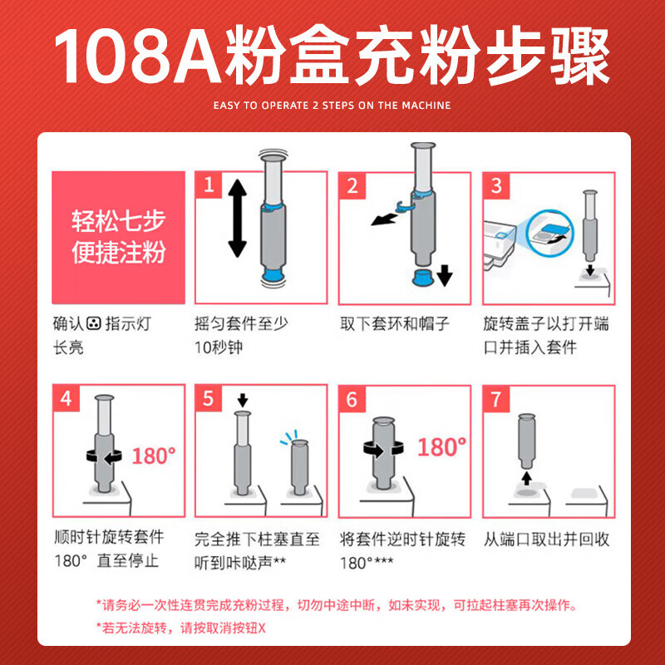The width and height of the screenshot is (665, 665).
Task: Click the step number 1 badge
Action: tap(209, 185)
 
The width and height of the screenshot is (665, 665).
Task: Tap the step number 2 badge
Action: tap(352, 185)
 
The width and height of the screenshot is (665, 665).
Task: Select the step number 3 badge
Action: tap(496, 185)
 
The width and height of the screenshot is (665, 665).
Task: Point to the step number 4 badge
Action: tap(66, 399)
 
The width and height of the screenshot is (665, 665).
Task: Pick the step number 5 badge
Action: tap(209, 399)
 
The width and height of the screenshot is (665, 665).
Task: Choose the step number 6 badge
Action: tap(352, 400)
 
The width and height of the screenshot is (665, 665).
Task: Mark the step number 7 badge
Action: tap(496, 400)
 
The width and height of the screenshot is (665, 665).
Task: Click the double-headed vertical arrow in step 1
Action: tap(237, 219)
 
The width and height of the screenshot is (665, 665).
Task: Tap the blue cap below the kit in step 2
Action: tap(422, 277)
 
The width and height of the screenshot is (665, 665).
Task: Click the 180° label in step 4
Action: tap(154, 456)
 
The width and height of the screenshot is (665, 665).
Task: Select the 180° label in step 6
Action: tap(441, 447)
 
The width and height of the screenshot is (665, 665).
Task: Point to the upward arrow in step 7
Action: tap(526, 477)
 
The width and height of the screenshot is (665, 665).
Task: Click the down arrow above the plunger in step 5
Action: tap(243, 400)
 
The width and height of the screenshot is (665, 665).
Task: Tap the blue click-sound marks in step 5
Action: tap(288, 438)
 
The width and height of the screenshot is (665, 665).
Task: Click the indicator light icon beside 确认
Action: tap(94, 324)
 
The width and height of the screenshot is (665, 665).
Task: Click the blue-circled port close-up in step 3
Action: tap(550, 234)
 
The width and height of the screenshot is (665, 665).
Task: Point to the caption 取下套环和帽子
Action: tap(394, 324)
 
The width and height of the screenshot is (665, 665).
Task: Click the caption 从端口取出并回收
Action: tap(546, 539)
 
